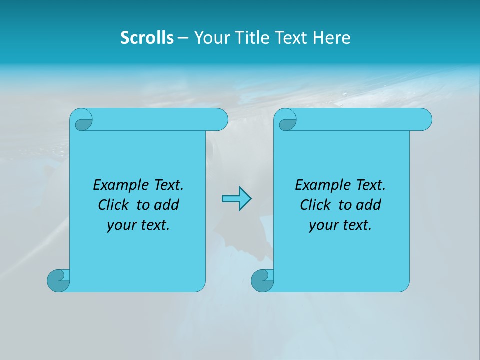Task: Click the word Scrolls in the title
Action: (x=147, y=38)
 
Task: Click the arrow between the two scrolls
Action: (x=236, y=199)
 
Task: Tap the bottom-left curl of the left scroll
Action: (x=58, y=280)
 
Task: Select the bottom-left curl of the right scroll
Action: (x=262, y=280)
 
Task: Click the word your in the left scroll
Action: (x=121, y=225)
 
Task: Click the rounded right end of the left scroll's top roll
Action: (x=220, y=120)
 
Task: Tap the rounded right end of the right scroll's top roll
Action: (x=424, y=120)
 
